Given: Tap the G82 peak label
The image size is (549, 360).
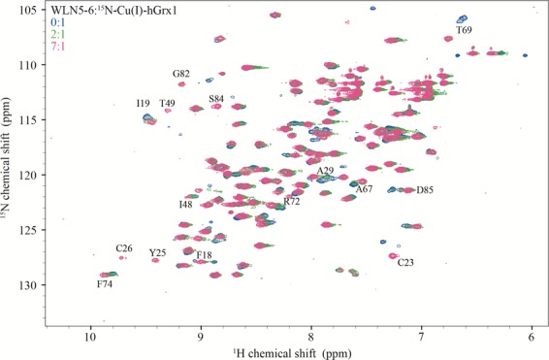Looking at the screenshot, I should click(181, 74).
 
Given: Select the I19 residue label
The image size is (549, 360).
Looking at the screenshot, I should click(144, 103).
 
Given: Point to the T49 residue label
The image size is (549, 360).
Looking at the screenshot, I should click(168, 103).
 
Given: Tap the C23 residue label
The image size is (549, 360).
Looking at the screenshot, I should click(405, 262).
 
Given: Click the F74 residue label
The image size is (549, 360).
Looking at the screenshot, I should click(104, 284).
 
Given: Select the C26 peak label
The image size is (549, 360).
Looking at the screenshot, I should click(123, 248).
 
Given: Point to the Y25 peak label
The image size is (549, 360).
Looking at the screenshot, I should click(157, 252).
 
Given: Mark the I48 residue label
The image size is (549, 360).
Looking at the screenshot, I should click(185, 205).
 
